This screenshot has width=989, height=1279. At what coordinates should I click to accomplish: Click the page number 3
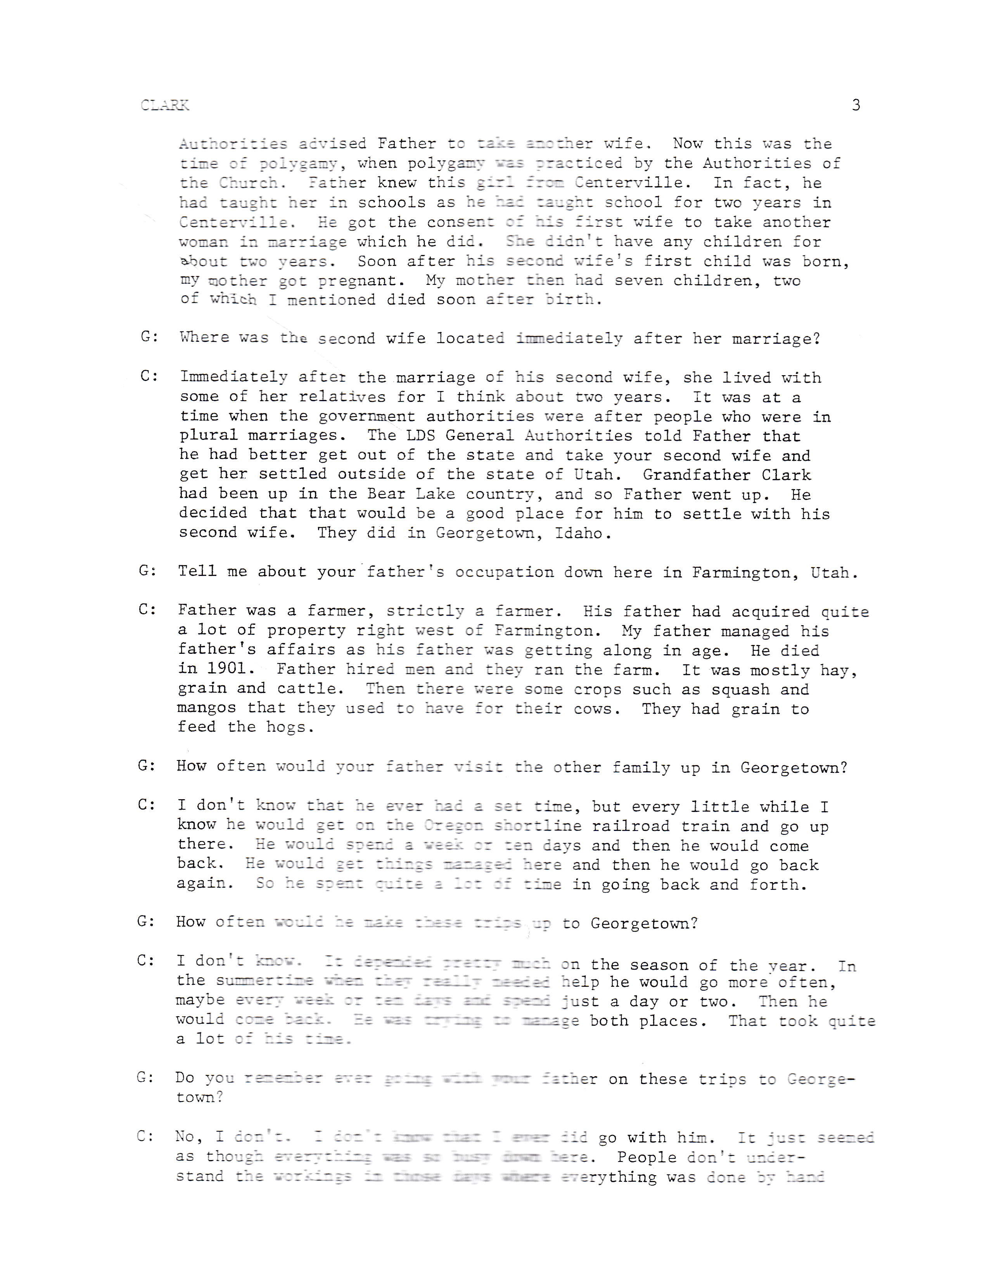coord(856,105)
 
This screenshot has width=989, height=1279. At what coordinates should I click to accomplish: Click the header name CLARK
coord(164,105)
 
